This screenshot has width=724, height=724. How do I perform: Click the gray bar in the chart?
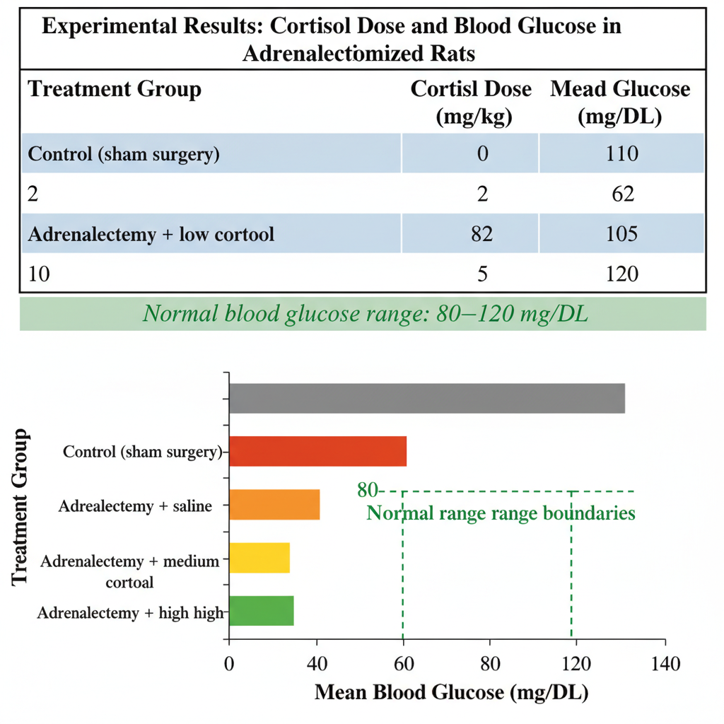427,398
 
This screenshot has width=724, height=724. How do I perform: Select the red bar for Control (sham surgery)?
318,451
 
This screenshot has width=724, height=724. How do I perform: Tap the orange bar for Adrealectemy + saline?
275,505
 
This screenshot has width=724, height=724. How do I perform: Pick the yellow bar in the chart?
259,558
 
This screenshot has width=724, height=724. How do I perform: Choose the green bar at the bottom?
262,610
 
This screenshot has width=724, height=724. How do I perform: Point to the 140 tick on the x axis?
665,664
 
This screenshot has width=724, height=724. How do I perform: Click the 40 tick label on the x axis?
317,664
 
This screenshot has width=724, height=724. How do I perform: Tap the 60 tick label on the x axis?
404,664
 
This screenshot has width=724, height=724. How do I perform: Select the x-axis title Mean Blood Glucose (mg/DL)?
452,693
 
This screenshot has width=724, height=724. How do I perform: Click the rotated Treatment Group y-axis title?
20,507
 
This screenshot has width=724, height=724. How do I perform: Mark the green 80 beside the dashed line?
368,490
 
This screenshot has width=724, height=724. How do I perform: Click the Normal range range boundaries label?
501,513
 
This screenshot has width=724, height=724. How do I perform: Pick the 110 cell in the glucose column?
622,153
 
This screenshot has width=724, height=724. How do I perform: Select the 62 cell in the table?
623,194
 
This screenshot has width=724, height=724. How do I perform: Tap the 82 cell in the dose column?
482,233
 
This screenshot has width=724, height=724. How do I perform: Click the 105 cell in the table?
622,233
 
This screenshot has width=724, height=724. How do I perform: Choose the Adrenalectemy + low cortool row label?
151,234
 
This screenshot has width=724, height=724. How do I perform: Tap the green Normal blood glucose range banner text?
366,314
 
